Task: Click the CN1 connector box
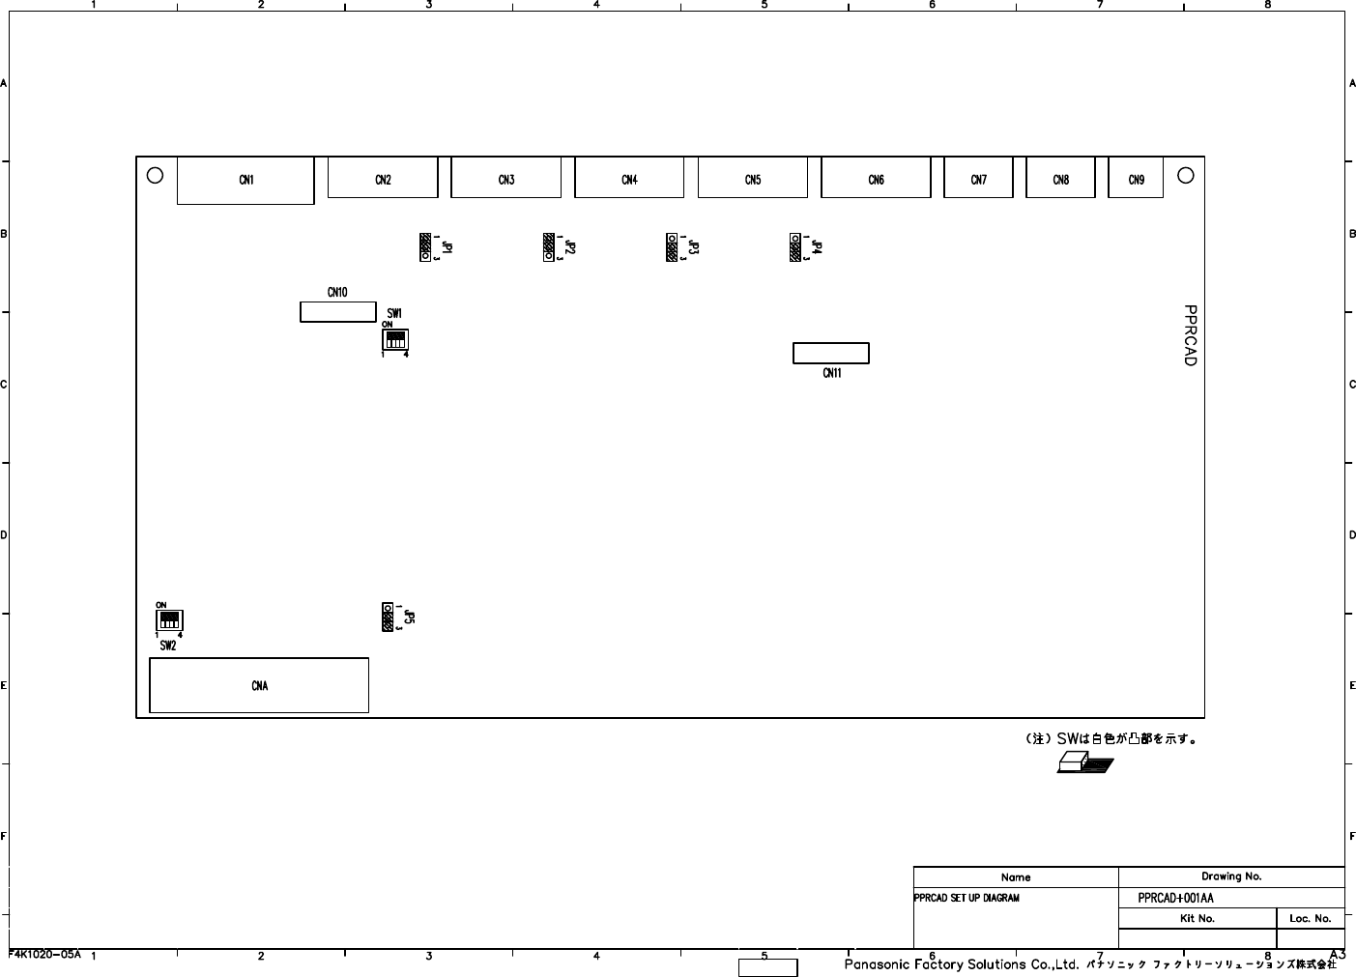point(245,181)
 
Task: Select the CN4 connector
point(629,180)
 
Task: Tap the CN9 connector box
point(1136,180)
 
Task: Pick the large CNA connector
point(259,685)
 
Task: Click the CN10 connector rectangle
point(337,311)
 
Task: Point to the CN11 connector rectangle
point(830,354)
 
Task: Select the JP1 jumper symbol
point(425,247)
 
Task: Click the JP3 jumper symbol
point(672,247)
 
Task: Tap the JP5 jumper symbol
point(389,617)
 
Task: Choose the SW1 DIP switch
point(395,340)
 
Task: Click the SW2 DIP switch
point(169,619)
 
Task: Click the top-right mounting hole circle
point(1186,175)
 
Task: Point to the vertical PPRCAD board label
point(1190,335)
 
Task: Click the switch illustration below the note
point(1084,764)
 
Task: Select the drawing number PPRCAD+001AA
point(1175,898)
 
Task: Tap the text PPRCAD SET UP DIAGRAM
point(967,898)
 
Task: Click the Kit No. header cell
point(1197,918)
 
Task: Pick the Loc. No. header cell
point(1310,918)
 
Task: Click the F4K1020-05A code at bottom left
point(44,954)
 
